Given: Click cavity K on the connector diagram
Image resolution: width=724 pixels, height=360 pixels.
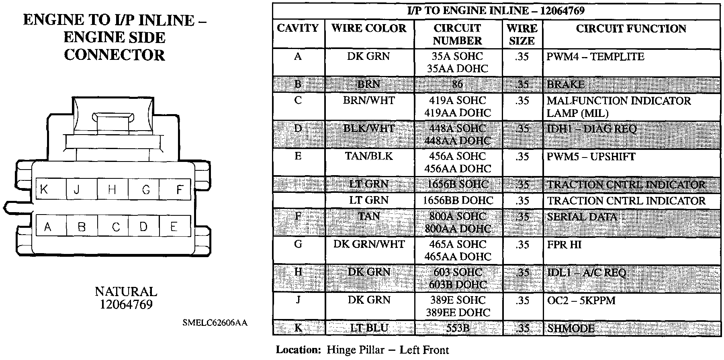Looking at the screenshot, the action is coord(44,189).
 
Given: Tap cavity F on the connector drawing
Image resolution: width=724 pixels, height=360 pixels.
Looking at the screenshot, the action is coord(180,189).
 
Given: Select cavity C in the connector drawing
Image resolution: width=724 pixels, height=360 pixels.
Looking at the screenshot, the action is coord(116,227).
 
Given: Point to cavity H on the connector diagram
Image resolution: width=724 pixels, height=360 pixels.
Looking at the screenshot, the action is coord(112,189).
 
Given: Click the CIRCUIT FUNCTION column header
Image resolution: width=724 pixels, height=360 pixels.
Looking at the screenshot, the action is coord(631,29).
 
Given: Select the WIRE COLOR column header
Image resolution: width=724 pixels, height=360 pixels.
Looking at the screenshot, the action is coord(369,29).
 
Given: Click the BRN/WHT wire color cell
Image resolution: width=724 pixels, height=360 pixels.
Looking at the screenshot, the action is coord(369,100).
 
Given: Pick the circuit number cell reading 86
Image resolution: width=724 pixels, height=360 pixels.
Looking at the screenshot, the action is coord(457,84).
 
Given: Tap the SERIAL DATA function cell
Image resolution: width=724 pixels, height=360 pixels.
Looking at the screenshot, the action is coord(582,217).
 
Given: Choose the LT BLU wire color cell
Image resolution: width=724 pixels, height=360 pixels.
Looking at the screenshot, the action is coord(369,328).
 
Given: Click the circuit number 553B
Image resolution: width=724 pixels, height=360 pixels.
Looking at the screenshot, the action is coord(457,328).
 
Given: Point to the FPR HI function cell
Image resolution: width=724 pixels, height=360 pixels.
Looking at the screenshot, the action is coord(564,244).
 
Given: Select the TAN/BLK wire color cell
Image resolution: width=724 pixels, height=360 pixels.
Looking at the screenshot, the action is coord(369,156).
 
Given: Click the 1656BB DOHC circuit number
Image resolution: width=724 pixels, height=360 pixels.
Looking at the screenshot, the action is coord(457,200).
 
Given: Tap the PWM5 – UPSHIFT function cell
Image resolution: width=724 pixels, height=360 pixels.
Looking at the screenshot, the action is coord(591,156).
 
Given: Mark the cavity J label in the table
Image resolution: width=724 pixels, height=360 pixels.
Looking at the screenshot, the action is coord(298,300).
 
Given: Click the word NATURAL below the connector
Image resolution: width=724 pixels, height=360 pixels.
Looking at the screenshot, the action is coord(126,291).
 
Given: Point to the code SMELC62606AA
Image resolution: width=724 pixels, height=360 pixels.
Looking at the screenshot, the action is coord(215,323).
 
